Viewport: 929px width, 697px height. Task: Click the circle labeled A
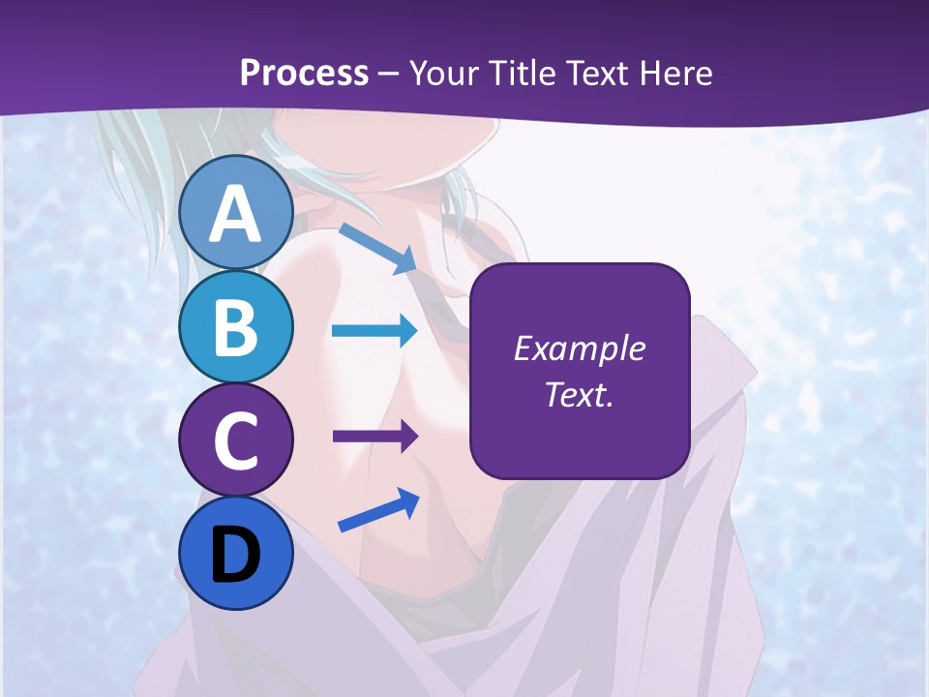(x=236, y=212)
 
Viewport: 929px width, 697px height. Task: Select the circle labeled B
(x=236, y=326)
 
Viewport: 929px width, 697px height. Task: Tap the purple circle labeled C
(x=236, y=440)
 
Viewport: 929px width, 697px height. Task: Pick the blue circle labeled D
(x=236, y=554)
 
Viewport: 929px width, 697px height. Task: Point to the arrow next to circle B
(x=375, y=332)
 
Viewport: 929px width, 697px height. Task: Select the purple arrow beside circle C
(x=375, y=437)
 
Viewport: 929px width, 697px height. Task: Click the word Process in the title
(x=304, y=73)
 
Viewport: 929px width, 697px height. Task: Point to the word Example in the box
(x=579, y=348)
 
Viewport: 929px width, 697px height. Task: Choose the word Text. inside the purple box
(x=579, y=395)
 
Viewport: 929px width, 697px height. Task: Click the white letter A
(x=236, y=214)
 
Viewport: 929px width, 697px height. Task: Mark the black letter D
(x=236, y=555)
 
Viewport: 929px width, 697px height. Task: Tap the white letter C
(x=236, y=441)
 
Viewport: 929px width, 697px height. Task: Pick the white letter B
(x=236, y=327)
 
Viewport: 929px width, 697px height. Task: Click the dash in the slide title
(x=389, y=75)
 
